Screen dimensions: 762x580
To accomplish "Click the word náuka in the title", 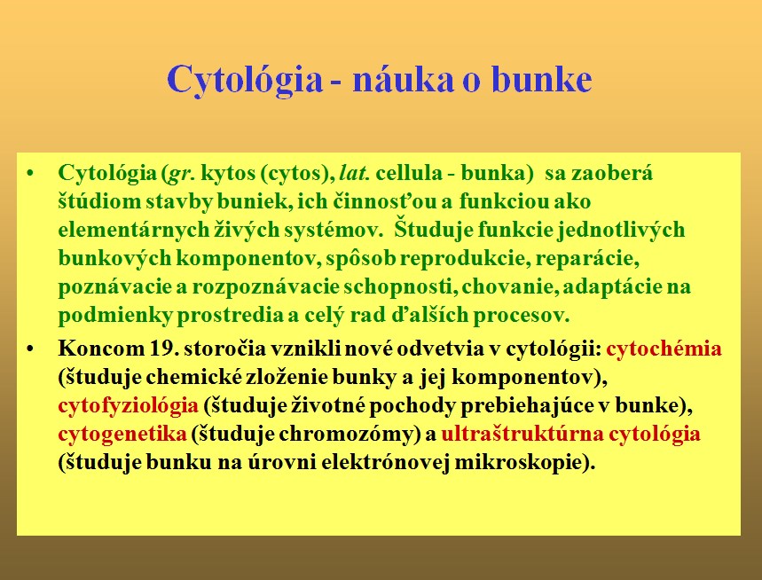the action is (x=403, y=79).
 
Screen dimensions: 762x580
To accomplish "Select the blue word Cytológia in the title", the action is (x=245, y=80).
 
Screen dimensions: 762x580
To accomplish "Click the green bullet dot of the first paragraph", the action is (x=31, y=174).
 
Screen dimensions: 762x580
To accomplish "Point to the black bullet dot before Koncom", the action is (x=31, y=349).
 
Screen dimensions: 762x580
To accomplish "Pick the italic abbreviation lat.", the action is (x=355, y=173).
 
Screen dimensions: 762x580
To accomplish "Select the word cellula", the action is (x=409, y=173).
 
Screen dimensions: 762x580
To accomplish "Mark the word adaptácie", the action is (x=611, y=286).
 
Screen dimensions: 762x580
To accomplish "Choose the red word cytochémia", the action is (x=664, y=349).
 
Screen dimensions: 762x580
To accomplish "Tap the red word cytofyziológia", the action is (x=129, y=405).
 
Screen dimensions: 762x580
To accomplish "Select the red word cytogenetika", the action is (x=122, y=434).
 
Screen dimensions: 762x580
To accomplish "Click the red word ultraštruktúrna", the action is (x=522, y=434).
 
